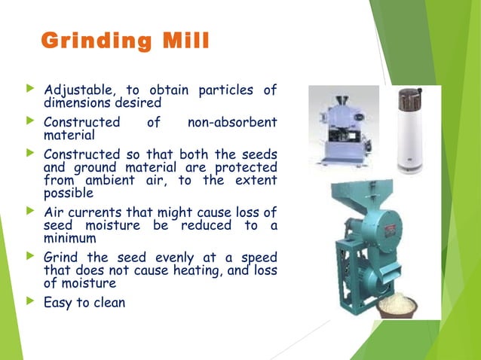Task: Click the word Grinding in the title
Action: [x=86, y=41]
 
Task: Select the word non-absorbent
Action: [x=238, y=122]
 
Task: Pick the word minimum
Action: [x=69, y=239]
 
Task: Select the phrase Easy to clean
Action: [x=84, y=303]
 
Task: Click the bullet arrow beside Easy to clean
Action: [x=31, y=302]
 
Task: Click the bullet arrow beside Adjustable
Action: [x=31, y=90]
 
